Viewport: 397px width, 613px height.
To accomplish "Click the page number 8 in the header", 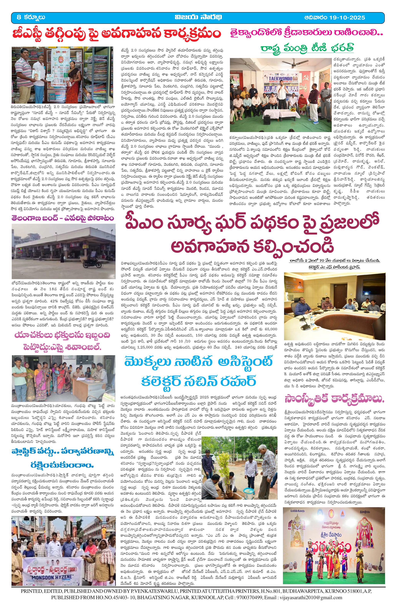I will pyautogui.click(x=18, y=17).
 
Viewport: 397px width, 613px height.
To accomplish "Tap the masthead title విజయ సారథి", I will pyautogui.click(x=198, y=17).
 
